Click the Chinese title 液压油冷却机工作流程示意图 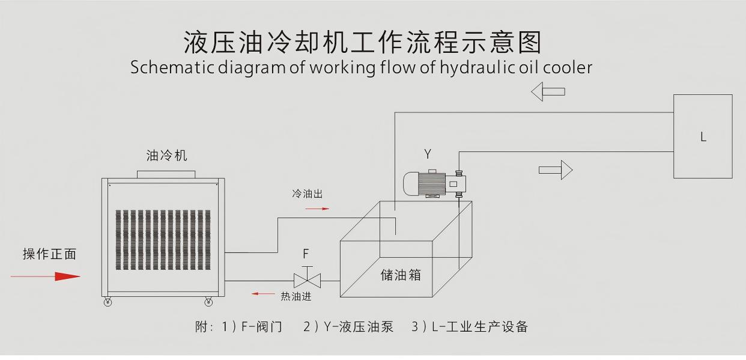click(362, 43)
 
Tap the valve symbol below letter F click(307, 279)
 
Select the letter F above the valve click(306, 254)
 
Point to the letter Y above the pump click(428, 154)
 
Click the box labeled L click(702, 136)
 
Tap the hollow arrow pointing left click(548, 91)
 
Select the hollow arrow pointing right click(556, 169)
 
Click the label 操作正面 click(50, 254)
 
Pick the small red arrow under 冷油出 click(317, 209)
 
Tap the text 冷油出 click(308, 194)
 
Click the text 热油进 click(296, 296)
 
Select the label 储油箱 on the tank click(401, 275)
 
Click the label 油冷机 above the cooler click(166, 156)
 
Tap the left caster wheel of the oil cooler click(108, 302)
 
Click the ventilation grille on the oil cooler click(163, 239)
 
